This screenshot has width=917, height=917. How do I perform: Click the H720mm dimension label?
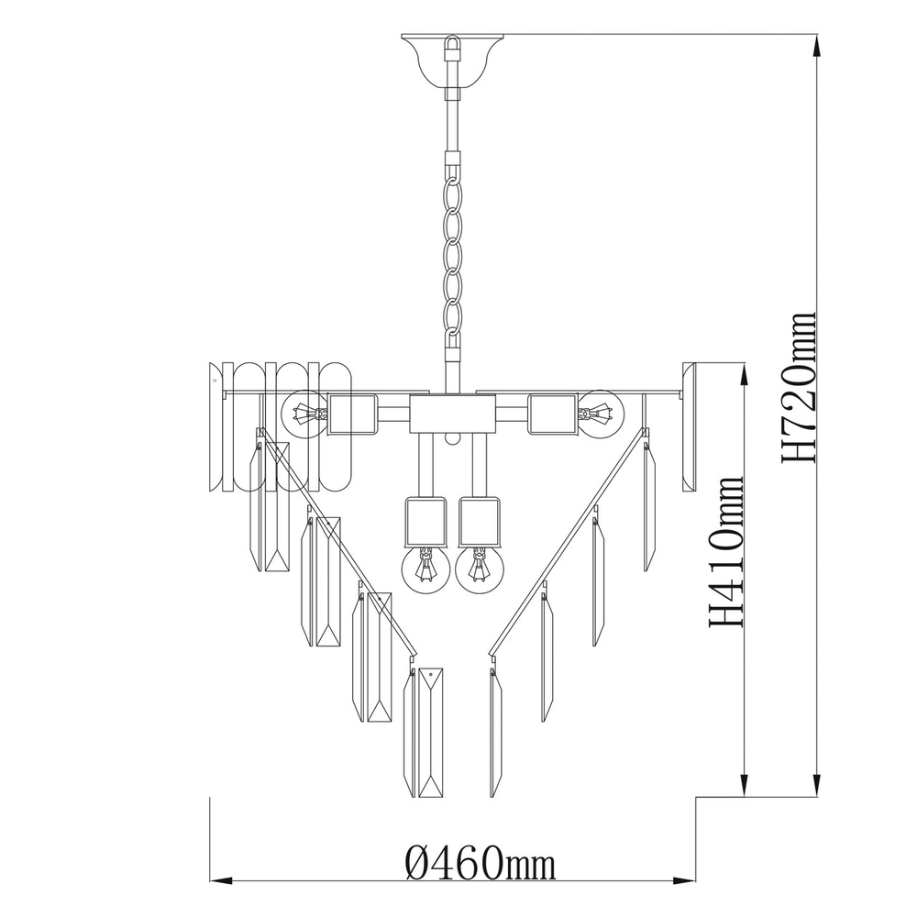point(798,388)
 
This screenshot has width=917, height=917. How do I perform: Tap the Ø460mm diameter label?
point(481,863)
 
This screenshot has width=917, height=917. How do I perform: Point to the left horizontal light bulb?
point(304,414)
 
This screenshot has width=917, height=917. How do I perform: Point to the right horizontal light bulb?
point(601,413)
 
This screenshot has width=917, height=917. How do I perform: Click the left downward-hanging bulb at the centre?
point(425,568)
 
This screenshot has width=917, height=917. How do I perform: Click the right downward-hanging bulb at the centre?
point(479,568)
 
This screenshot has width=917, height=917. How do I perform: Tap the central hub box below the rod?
point(452,414)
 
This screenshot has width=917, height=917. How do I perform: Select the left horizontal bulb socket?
point(352,414)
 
